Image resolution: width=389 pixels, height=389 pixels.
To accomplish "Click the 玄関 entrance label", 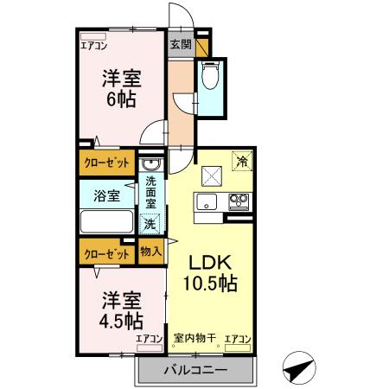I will click(x=179, y=43).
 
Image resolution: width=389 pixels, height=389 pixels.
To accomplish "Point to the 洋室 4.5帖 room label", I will click(x=122, y=310).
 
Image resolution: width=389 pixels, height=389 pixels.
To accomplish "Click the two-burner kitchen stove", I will click(x=238, y=203).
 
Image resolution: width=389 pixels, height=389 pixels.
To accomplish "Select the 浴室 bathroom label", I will click(x=106, y=195).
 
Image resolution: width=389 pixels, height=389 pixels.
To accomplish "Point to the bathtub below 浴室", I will click(x=107, y=220).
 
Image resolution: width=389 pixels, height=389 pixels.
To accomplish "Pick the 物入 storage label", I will click(x=150, y=252).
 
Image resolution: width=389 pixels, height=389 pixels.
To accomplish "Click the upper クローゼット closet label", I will click(x=107, y=162).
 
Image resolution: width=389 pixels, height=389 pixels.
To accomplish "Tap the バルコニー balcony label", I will click(x=195, y=371).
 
